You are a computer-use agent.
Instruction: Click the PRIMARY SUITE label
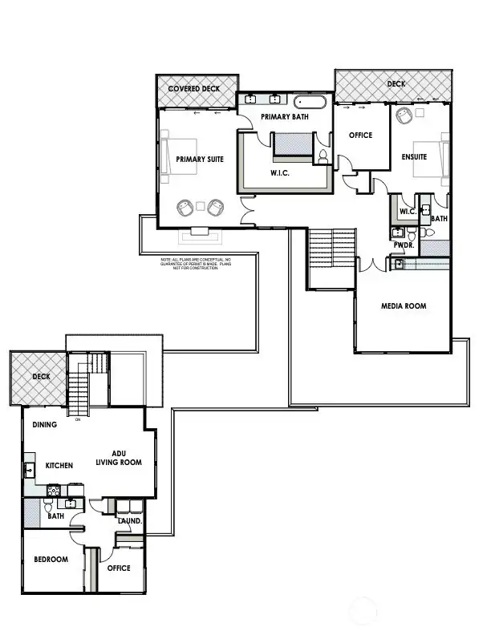point(199,160)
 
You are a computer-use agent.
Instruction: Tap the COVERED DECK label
point(195,87)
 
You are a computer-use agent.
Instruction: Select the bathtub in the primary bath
point(310,102)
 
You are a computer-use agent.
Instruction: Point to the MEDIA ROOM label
point(403,305)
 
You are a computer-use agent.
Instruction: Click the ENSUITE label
point(414,157)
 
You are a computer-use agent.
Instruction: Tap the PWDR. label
point(402,246)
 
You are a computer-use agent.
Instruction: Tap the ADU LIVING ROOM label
point(119,458)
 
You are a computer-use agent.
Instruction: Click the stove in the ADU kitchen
point(54,489)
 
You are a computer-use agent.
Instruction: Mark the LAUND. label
point(129,520)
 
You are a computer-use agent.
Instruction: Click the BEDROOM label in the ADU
point(51,559)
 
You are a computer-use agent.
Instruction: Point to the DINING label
point(45,425)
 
